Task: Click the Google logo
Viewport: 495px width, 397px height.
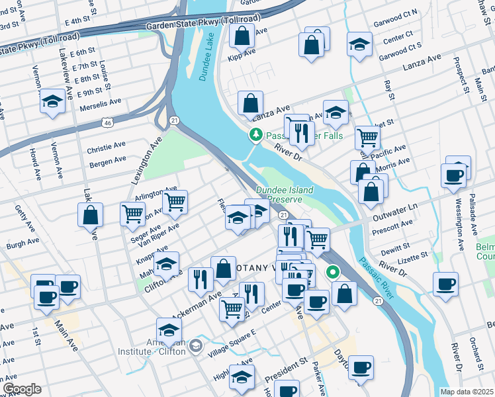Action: point(22,389)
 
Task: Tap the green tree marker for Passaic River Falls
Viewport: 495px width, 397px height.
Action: point(255,135)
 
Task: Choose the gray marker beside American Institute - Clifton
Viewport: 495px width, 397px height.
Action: point(196,346)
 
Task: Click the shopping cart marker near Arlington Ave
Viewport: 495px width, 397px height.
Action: point(175,202)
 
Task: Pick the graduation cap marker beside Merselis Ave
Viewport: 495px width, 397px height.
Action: point(52,102)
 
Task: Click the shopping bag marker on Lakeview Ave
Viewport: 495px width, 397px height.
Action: point(90,216)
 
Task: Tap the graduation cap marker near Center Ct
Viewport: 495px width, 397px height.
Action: point(359,44)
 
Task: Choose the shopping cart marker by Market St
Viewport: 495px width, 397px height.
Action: point(367,138)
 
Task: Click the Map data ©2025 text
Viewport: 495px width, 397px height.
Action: point(467,392)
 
